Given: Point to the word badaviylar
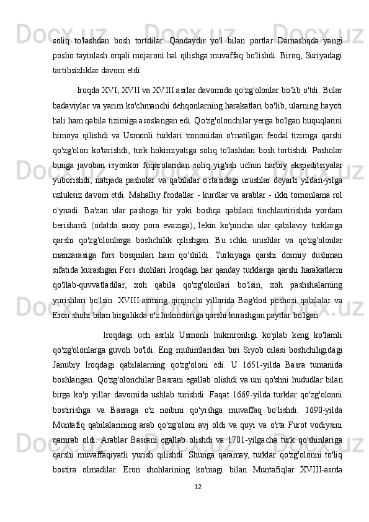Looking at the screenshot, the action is point(72,103).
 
